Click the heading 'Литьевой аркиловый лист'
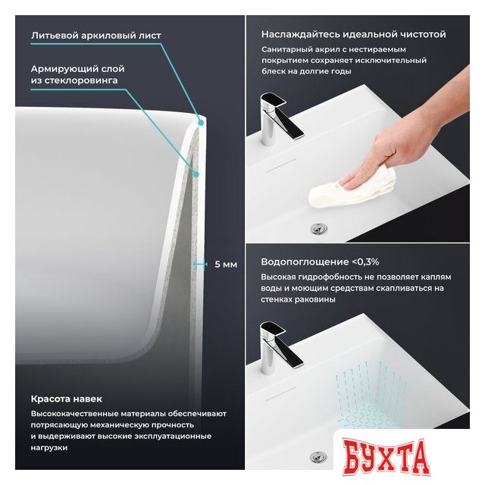click(x=96, y=36)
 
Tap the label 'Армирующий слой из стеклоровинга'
click(x=77, y=74)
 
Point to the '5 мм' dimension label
click(x=226, y=264)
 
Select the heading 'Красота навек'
click(x=67, y=399)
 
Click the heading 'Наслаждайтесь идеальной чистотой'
click(x=354, y=34)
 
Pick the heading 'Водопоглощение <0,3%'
click(x=320, y=262)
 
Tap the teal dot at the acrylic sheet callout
click(x=201, y=123)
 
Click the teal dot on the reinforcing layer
click(x=196, y=174)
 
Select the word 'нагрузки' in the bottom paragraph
click(x=48, y=448)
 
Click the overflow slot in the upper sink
click(x=281, y=165)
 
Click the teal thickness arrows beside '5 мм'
click(x=200, y=264)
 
